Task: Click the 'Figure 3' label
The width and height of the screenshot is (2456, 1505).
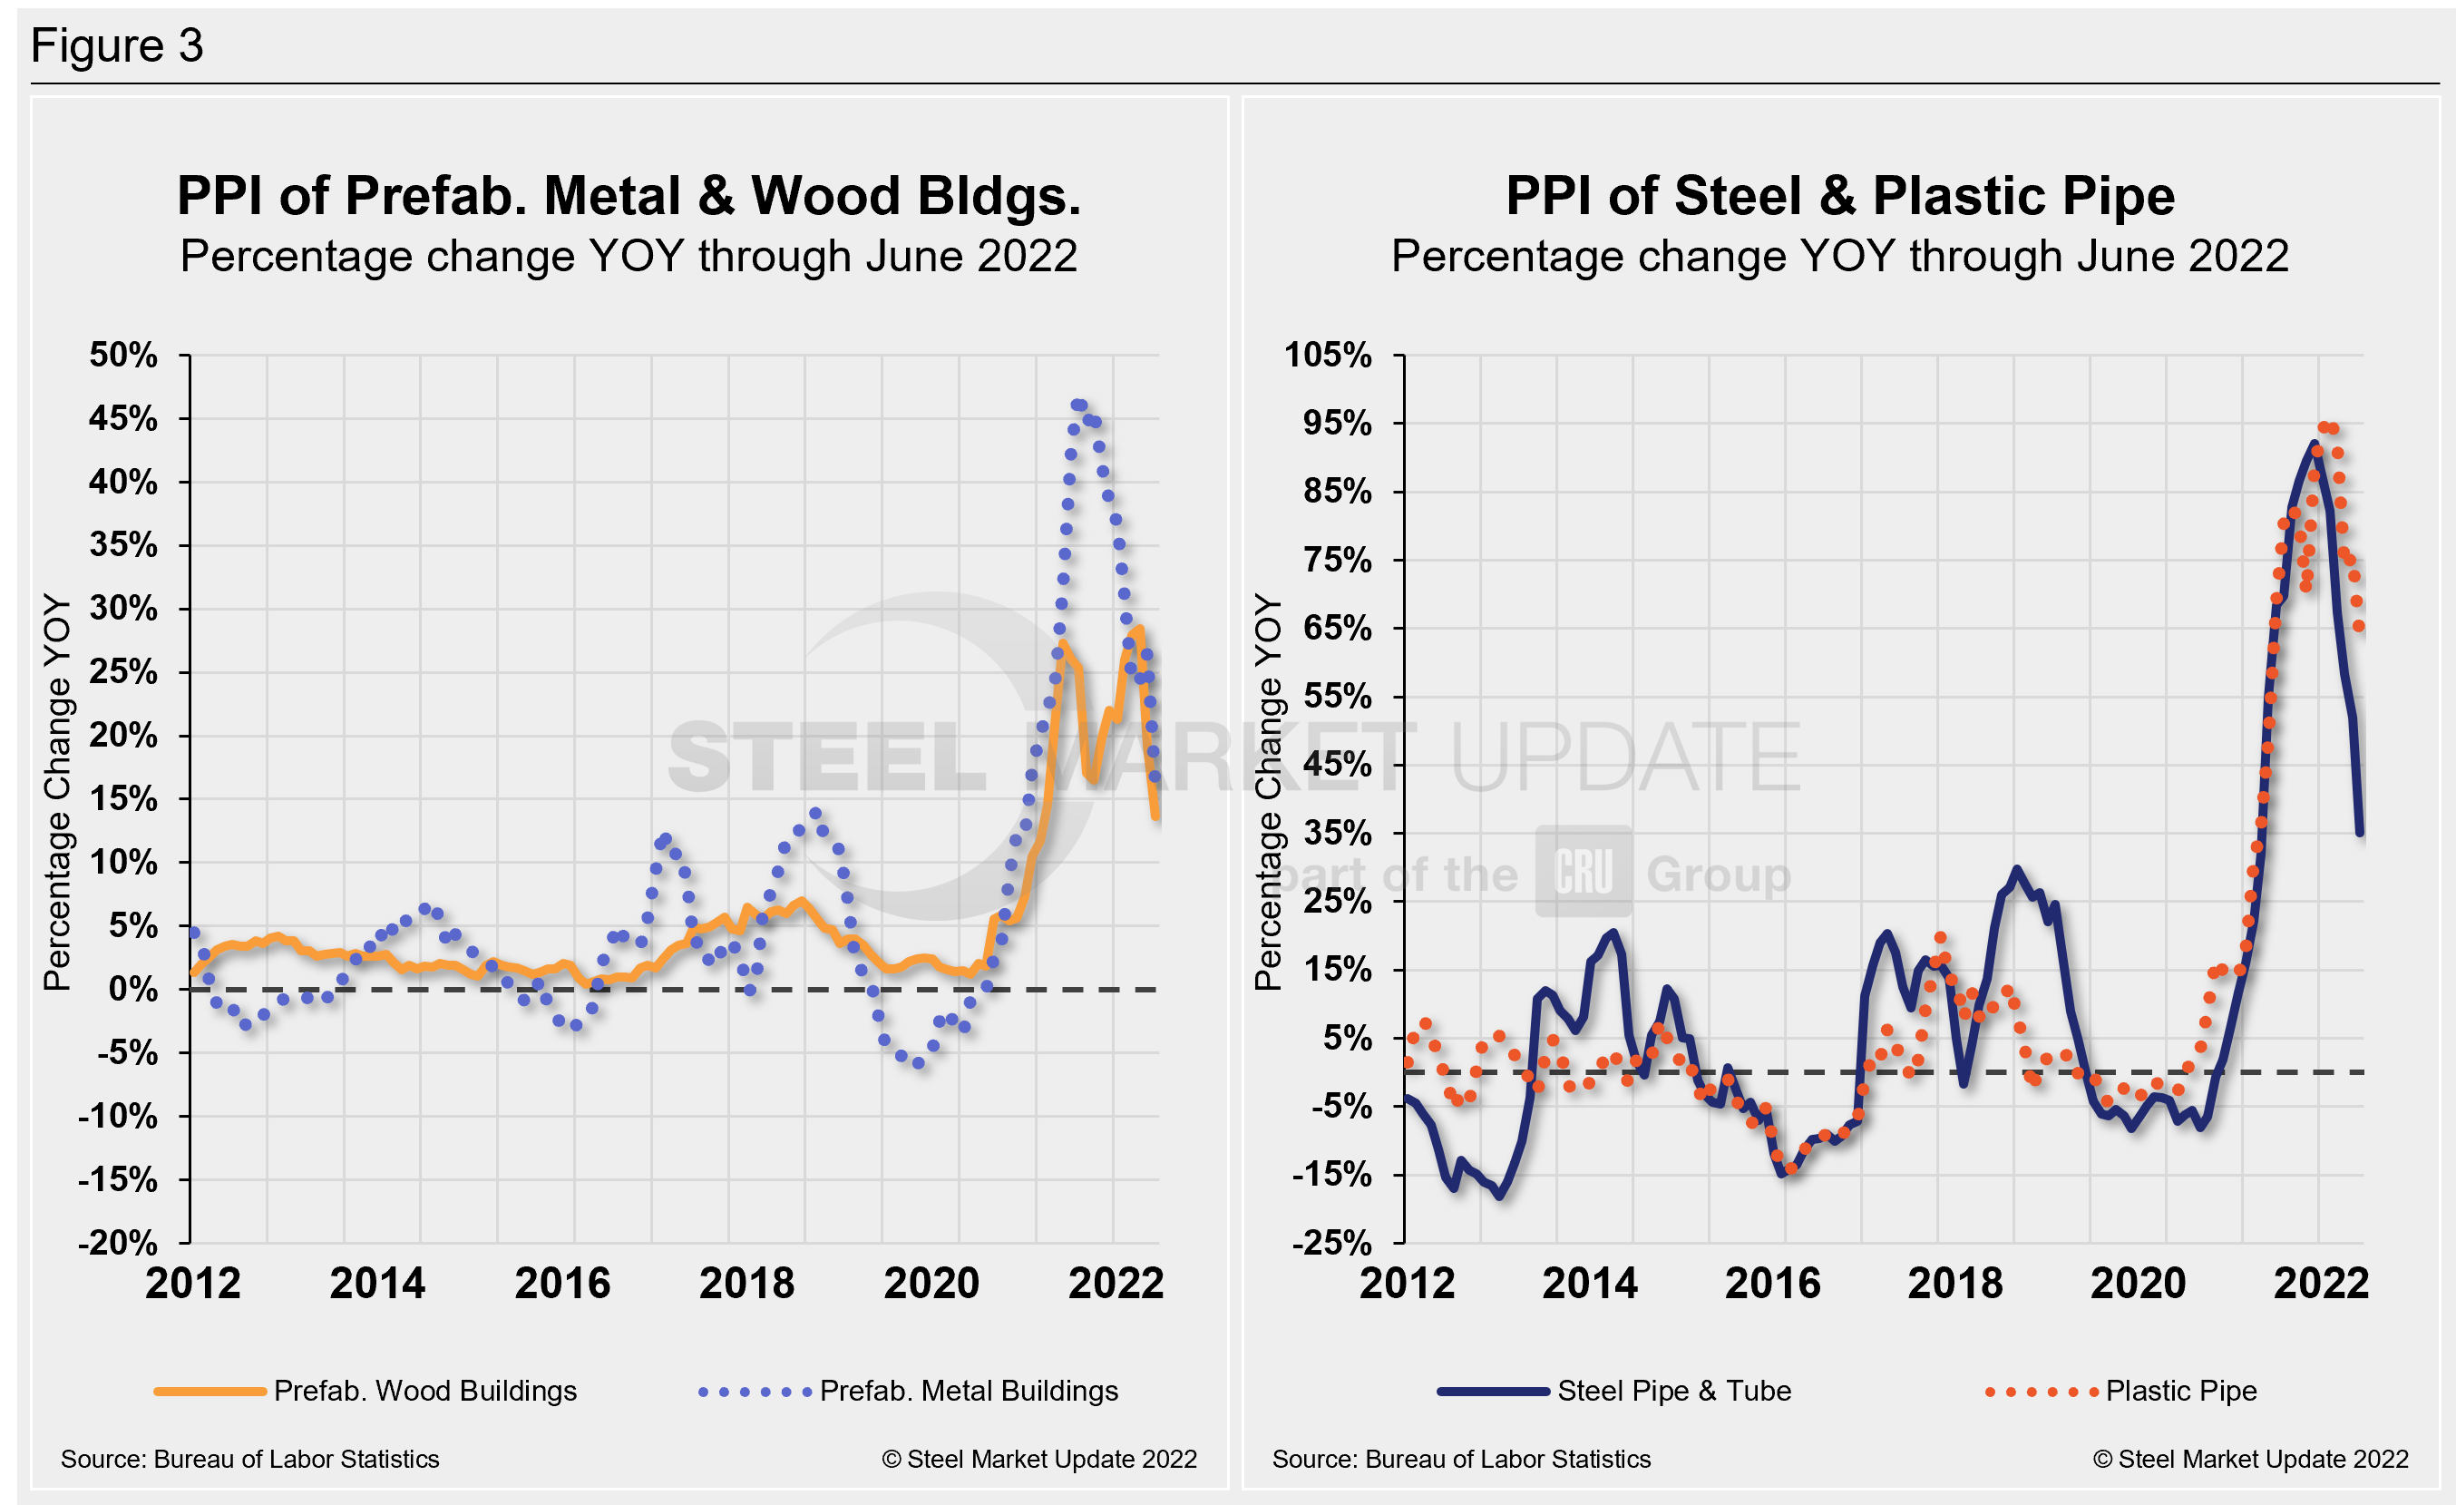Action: click(x=117, y=46)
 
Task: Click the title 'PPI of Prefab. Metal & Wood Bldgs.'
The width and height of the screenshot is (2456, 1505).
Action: click(x=628, y=195)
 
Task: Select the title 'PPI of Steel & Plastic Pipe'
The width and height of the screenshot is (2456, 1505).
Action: click(x=1839, y=195)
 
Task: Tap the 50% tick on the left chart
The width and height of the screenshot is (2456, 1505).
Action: click(x=123, y=355)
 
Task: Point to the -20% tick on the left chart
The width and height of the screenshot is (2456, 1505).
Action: click(x=119, y=1243)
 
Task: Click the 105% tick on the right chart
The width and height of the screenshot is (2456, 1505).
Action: click(x=1328, y=355)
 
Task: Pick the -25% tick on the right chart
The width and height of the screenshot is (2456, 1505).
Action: click(x=1331, y=1243)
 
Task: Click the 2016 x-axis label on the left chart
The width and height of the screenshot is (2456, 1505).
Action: click(x=562, y=1284)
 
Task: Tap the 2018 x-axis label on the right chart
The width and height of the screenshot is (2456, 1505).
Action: click(x=1954, y=1284)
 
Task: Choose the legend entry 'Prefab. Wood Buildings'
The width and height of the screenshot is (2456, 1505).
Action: click(x=424, y=1391)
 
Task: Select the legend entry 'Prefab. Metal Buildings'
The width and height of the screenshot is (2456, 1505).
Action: click(x=968, y=1391)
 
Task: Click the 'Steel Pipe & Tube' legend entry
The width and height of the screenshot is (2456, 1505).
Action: click(x=1673, y=1391)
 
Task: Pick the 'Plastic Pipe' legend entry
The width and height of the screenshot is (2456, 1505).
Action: click(x=2181, y=1391)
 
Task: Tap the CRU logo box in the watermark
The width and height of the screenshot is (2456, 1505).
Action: click(x=1583, y=871)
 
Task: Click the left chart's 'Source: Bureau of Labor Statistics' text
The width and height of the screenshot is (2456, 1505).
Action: click(x=249, y=1459)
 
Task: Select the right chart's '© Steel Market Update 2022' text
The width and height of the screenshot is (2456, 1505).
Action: click(x=2250, y=1459)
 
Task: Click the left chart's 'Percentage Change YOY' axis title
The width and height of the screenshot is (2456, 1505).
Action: click(x=58, y=792)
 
